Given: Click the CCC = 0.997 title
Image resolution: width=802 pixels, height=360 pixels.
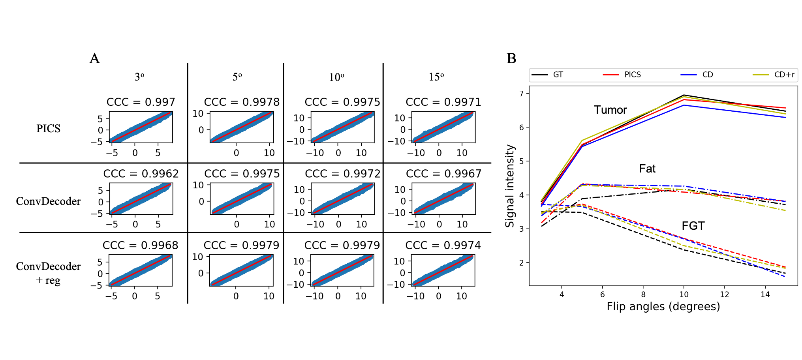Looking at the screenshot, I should tap(141, 102).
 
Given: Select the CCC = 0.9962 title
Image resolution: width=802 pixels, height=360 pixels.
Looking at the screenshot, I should tap(141, 174).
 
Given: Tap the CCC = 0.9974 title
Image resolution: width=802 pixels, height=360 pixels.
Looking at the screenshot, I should tap(443, 246).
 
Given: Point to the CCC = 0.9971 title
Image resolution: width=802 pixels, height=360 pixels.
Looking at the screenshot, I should tap(443, 102).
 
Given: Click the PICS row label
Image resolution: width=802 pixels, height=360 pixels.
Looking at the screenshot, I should tap(48, 129).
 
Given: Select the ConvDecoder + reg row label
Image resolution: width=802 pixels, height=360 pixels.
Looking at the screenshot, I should tap(48, 273).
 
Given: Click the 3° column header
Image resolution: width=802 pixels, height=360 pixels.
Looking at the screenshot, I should tap(139, 77).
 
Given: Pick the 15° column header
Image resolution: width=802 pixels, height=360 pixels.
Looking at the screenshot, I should tap(436, 77).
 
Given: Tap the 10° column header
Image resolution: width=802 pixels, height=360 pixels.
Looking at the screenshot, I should tap(336, 77).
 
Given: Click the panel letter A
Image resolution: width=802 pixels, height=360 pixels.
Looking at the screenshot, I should tap(94, 58).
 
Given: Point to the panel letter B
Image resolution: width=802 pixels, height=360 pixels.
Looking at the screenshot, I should tap(511, 58).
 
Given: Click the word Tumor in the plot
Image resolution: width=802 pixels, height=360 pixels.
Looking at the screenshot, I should tap(610, 110).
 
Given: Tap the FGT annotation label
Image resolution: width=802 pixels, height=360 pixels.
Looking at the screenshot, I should tap(693, 226).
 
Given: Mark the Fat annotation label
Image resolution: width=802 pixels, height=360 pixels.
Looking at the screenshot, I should tap(647, 169).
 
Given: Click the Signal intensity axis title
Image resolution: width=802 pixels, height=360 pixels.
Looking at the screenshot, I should tap(510, 186).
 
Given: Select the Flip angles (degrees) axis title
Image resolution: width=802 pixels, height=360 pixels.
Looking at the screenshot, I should tap(663, 306).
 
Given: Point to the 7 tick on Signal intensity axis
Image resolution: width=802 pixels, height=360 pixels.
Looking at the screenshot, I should tap(522, 94).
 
